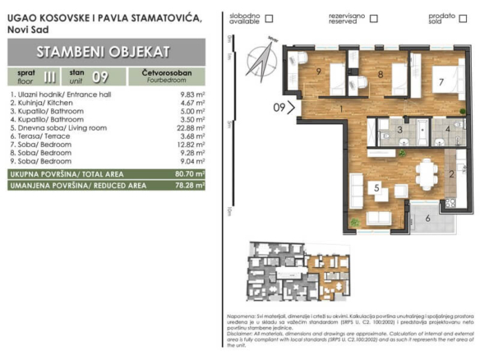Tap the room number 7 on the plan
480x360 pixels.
coord(441,82)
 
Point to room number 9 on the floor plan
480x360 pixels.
coord(318,72)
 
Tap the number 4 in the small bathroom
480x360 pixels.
coord(447,130)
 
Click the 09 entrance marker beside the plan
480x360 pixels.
coord(280,106)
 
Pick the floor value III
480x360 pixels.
coord(52,78)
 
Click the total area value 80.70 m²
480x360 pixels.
coord(190,175)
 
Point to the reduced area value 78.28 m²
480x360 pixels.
coord(190,186)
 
